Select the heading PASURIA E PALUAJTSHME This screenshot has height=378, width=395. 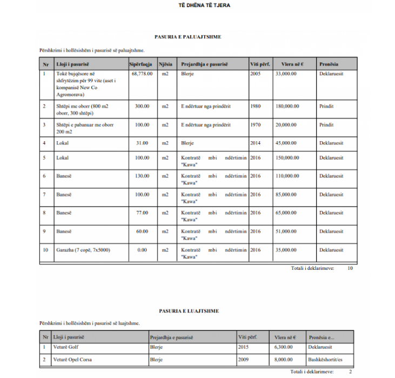point(188,37)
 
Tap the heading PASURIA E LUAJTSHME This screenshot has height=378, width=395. point(189,311)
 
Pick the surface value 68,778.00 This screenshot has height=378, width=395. point(142,74)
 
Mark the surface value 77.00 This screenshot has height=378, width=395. point(142,213)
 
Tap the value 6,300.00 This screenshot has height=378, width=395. point(284,347)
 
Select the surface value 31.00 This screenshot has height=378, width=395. point(142,143)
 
